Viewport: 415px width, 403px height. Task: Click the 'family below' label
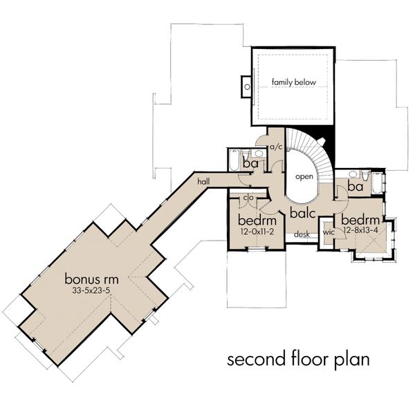coord(294,82)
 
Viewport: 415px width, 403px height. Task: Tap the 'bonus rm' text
coord(91,279)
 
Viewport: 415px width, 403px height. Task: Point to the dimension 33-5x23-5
coord(91,290)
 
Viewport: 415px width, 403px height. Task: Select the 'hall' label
coord(203,181)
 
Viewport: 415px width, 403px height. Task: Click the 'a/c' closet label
coord(276,147)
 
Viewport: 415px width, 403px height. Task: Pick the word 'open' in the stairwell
coord(304,177)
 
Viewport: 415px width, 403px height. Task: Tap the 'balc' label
coord(303,212)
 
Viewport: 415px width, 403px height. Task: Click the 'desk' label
coord(302,234)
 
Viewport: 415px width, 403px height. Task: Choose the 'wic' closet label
coord(329,232)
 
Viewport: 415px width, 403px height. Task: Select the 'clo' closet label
coord(248,197)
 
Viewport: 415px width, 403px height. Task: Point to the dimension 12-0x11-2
coord(257,232)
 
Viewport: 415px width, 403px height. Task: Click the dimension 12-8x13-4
coord(360,230)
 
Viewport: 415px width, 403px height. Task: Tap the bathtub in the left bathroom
coord(234,160)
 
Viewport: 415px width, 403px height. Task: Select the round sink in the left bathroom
coord(258,153)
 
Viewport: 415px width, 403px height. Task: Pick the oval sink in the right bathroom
coord(352,174)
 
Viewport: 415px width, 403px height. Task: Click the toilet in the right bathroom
coord(365,175)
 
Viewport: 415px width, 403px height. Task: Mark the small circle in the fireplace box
coord(247,86)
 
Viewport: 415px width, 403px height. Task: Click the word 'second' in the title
coord(256,359)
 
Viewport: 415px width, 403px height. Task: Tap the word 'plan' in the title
coord(351,359)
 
